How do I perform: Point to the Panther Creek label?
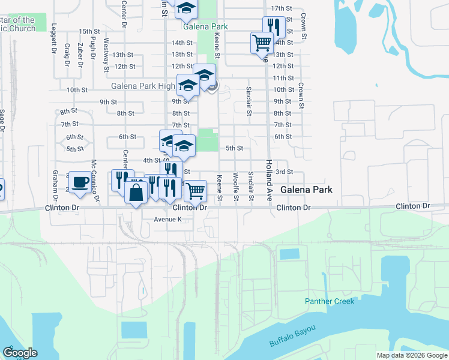coord(329,301)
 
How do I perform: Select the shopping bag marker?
coord(136,193)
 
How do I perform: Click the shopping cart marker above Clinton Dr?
coord(196,191)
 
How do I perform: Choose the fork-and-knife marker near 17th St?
coord(273,26)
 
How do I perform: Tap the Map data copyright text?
coord(412,355)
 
